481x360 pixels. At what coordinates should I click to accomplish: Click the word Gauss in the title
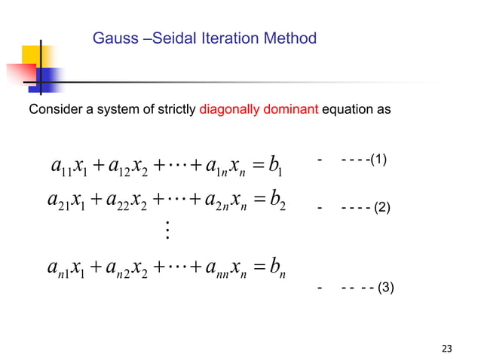click(112, 38)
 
